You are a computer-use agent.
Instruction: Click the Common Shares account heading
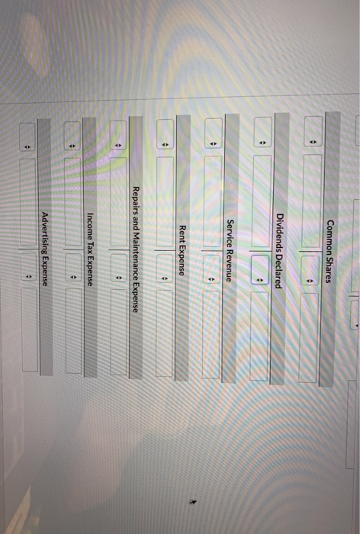[x=329, y=251]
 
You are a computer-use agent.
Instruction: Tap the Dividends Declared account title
[x=280, y=251]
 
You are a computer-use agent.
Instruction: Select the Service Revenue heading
[x=230, y=251]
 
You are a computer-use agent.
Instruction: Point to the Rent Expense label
[x=182, y=250]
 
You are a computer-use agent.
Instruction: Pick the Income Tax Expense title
[x=90, y=249]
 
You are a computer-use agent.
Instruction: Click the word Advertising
[x=44, y=232]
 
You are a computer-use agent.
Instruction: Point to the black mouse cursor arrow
[x=193, y=502]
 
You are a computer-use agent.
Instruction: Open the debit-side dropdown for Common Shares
[x=313, y=131]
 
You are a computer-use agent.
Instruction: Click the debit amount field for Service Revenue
[x=213, y=201]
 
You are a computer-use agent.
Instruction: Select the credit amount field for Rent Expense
[x=164, y=333]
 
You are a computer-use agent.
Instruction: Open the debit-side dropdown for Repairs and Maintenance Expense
[x=118, y=135]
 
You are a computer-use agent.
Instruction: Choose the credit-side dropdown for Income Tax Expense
[x=73, y=267]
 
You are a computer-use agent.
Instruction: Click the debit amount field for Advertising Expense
[x=27, y=201]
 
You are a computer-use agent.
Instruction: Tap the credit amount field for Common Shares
[x=309, y=337]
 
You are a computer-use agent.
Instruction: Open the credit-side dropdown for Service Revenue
[x=211, y=269]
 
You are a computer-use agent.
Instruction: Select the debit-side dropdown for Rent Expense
[x=165, y=134]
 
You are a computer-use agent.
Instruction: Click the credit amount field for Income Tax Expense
[x=73, y=330]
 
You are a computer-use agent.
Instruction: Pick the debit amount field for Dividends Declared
[x=262, y=201]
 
